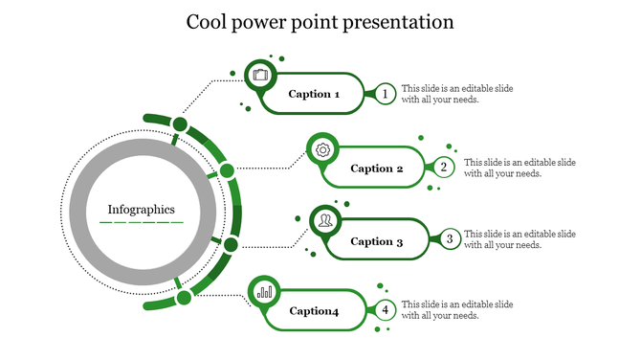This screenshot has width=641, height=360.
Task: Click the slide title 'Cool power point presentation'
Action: click(x=320, y=21)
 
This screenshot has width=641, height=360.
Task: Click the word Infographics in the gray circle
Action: click(x=142, y=209)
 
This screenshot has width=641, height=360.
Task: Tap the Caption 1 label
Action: click(x=315, y=94)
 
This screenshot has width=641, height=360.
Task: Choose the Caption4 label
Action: click(x=315, y=310)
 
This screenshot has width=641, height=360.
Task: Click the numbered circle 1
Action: click(x=385, y=94)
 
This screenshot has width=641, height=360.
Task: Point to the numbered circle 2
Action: click(x=444, y=168)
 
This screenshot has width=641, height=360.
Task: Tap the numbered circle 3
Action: click(x=448, y=240)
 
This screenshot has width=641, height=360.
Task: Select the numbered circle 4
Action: click(x=385, y=309)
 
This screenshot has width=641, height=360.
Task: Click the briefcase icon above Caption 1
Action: click(x=261, y=75)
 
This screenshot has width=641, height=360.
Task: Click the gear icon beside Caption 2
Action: click(x=323, y=149)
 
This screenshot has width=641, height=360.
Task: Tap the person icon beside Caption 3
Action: click(x=326, y=221)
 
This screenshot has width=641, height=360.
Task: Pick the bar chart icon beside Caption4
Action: click(x=264, y=291)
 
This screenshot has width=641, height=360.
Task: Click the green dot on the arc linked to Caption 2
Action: click(x=227, y=171)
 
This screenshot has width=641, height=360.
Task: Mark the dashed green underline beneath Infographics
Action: click(x=142, y=222)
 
